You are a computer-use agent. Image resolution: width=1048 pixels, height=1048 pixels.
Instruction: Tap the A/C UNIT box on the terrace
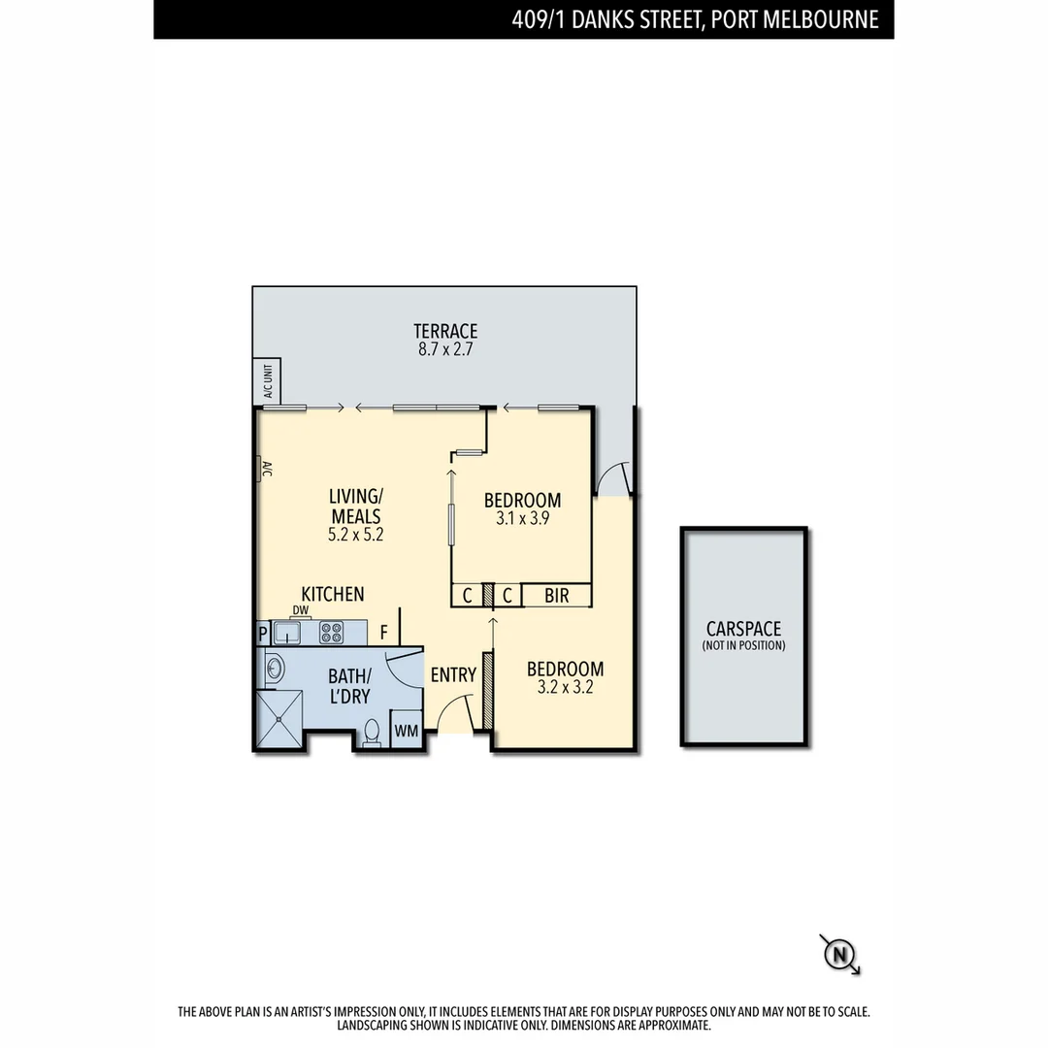267,381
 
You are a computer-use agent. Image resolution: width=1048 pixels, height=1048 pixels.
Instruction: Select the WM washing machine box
407,730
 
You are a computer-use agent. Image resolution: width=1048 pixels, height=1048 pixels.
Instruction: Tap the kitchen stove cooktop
332,633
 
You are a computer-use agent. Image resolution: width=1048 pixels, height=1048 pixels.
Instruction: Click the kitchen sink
287,634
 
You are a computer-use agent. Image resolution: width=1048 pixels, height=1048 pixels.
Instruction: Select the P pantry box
263,634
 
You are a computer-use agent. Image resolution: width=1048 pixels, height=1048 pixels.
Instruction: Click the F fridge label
384,633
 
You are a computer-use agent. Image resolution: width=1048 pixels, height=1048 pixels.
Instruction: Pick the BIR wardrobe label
556,596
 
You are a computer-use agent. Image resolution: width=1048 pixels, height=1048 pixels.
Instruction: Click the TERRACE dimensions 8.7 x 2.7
445,350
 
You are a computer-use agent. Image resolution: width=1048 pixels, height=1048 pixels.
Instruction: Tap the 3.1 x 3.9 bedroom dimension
522,520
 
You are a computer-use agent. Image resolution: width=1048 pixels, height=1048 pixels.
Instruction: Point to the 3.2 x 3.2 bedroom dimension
565,689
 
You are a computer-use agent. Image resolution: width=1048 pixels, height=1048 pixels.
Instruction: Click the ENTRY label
453,675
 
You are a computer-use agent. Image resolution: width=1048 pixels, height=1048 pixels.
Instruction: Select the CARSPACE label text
743,630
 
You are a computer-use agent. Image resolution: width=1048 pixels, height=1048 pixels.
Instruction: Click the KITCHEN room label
333,594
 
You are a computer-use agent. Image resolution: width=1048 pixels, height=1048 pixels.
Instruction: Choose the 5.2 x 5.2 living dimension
355,534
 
